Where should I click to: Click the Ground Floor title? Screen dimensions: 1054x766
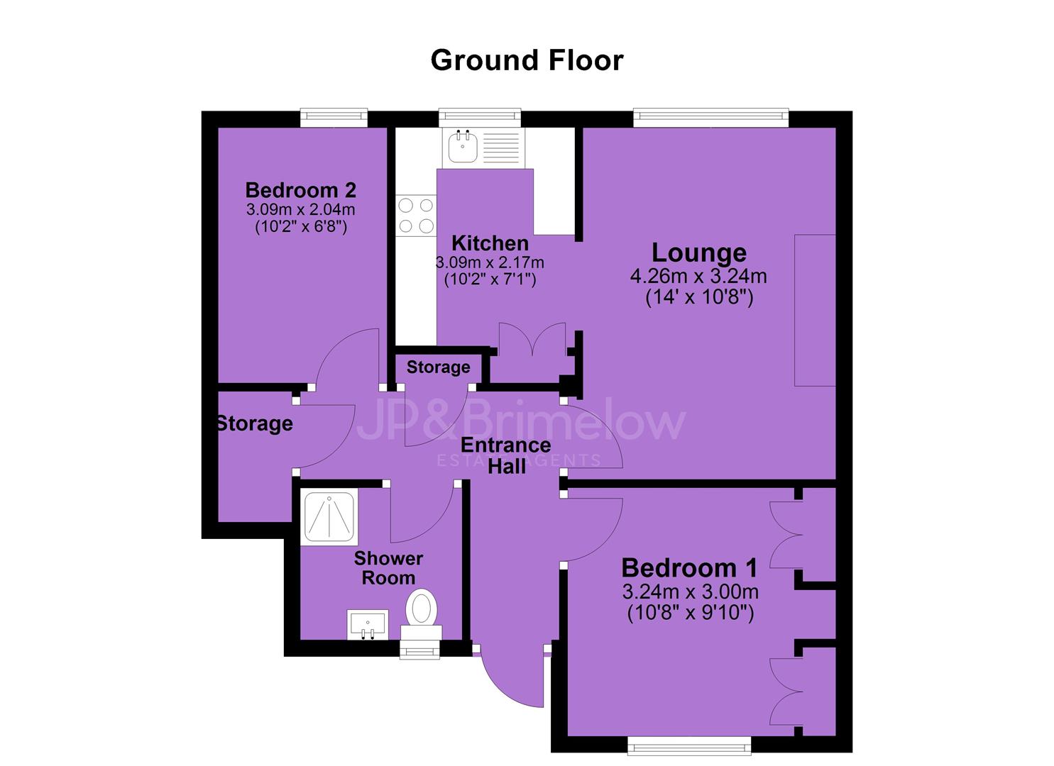pyautogui.click(x=527, y=61)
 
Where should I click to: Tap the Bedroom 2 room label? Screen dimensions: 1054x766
pyautogui.click(x=301, y=191)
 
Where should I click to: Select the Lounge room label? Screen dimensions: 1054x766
pyautogui.click(x=698, y=253)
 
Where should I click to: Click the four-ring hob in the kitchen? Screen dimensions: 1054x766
pyautogui.click(x=416, y=216)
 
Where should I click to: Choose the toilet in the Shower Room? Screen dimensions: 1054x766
pyautogui.click(x=421, y=614)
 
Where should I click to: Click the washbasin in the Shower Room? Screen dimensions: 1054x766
pyautogui.click(x=368, y=624)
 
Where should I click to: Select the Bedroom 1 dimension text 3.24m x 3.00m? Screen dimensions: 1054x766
pyautogui.click(x=691, y=592)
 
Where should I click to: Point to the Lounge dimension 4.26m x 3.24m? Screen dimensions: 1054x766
pyautogui.click(x=698, y=276)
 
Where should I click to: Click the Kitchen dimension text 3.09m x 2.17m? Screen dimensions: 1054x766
pyautogui.click(x=490, y=262)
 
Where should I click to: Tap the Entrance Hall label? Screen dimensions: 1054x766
pyautogui.click(x=506, y=455)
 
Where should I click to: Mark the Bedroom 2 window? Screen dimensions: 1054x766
pyautogui.click(x=334, y=118)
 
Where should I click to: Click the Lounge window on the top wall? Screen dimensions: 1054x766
pyautogui.click(x=710, y=118)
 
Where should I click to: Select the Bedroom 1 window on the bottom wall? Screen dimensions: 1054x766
pyautogui.click(x=689, y=745)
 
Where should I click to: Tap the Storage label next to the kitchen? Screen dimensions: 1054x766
pyautogui.click(x=438, y=367)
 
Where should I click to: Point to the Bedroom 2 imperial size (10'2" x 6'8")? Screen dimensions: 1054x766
pyautogui.click(x=301, y=227)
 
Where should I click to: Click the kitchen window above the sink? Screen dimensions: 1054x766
pyautogui.click(x=480, y=118)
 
